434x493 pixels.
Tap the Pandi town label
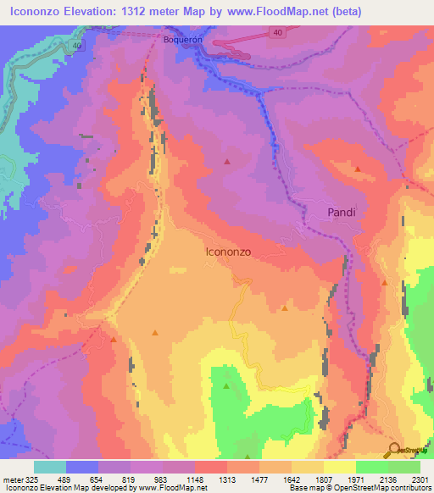coord(342,213)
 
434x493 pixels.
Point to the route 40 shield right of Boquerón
coord(279,32)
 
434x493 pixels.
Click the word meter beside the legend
coord(6,479)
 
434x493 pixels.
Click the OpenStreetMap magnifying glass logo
coord(393,450)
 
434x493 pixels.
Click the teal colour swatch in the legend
coord(50,467)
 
